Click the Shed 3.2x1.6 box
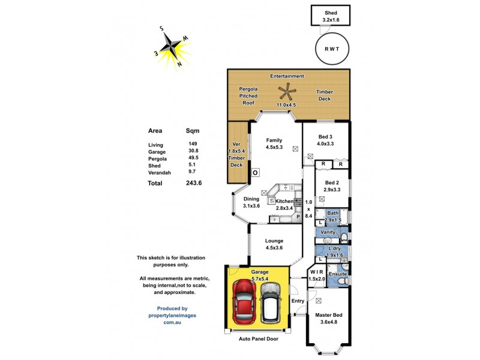331,16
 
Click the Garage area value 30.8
193,152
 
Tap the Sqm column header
193,130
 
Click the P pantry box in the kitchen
298,217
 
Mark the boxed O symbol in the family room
255,173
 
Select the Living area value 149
193,145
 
